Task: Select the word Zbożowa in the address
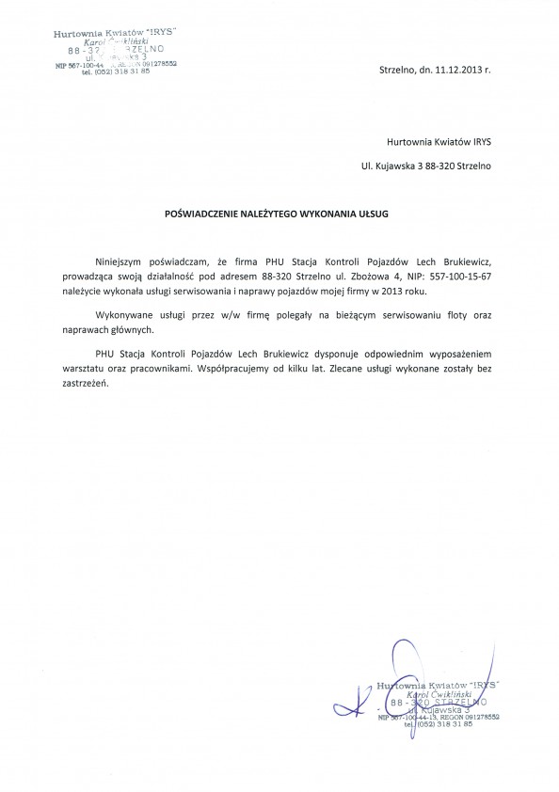[362, 277]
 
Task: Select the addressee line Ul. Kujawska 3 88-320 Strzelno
[425, 166]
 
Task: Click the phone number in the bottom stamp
[439, 725]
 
